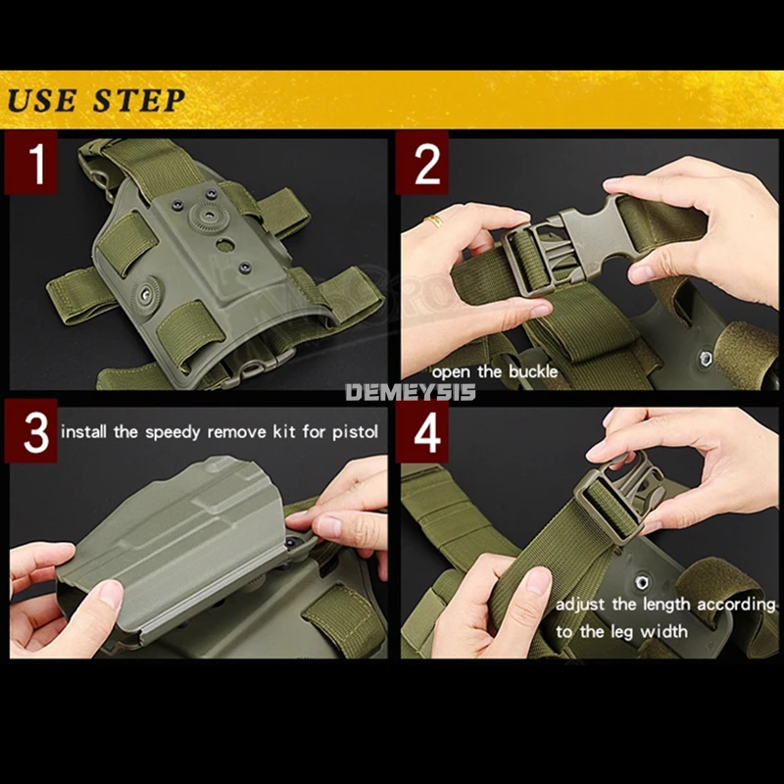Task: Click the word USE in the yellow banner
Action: (42, 100)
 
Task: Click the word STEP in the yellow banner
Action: (139, 100)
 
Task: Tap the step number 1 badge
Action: (31, 163)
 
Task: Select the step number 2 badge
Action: (422, 163)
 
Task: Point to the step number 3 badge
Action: (31, 431)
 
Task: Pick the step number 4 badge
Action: (422, 431)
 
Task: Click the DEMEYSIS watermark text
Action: (411, 392)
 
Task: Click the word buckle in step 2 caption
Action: (533, 371)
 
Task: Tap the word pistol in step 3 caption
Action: (355, 432)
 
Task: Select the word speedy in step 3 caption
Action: (172, 432)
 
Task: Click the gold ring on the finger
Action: (434, 220)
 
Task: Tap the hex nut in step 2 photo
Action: (706, 358)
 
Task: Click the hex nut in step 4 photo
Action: (642, 582)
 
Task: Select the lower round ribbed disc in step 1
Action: (145, 294)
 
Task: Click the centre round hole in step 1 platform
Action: (225, 245)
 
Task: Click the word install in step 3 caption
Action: (84, 431)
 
